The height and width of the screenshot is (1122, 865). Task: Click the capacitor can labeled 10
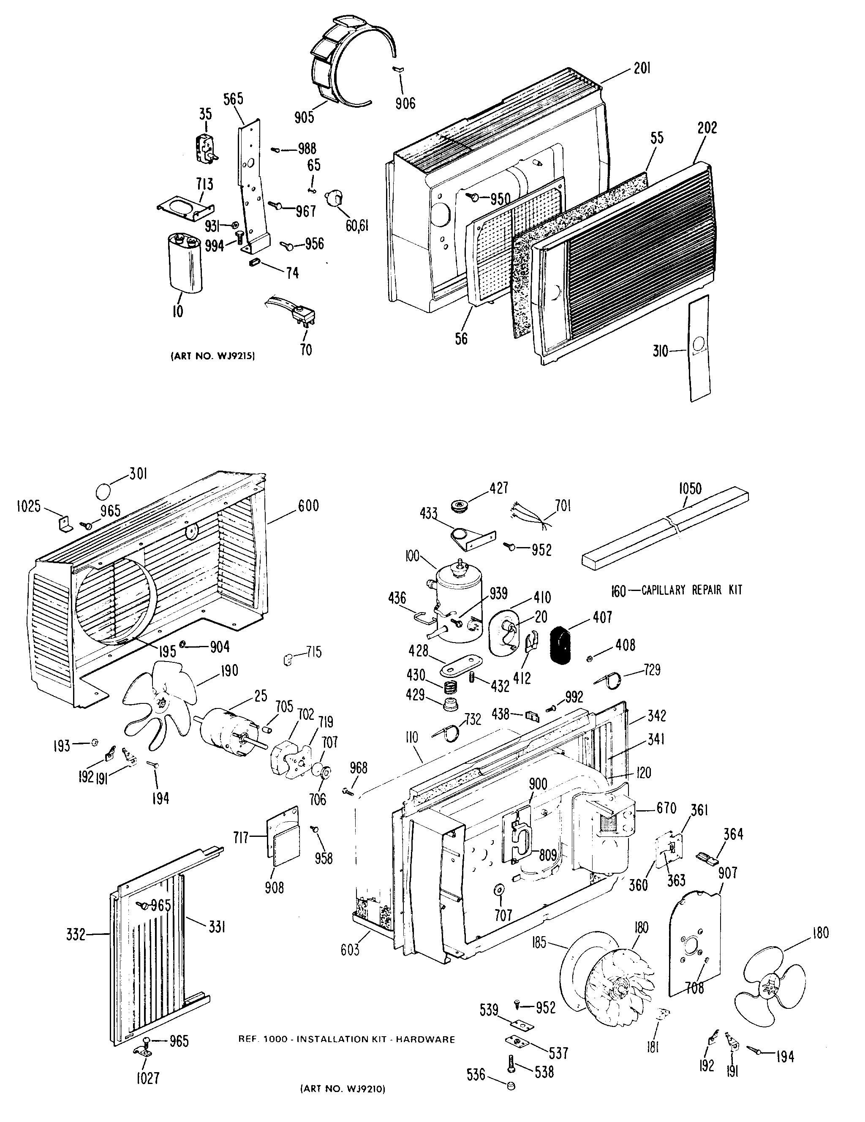[x=185, y=262]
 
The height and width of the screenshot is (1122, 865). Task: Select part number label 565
[x=233, y=98]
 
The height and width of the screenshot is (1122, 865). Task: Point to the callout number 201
[x=642, y=68]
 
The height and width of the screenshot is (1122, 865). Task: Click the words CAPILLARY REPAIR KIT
[x=692, y=590]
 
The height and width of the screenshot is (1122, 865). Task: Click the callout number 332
[x=76, y=934]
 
